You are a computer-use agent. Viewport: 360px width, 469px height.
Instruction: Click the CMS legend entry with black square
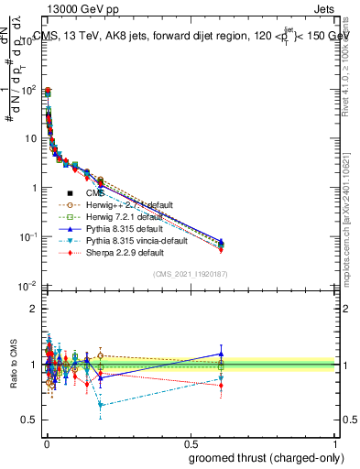96,192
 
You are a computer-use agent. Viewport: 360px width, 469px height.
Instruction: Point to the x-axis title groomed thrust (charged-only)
267,457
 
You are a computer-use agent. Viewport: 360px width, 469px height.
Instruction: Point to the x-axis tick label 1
336,443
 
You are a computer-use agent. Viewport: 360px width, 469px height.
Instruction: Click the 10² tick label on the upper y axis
29,89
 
